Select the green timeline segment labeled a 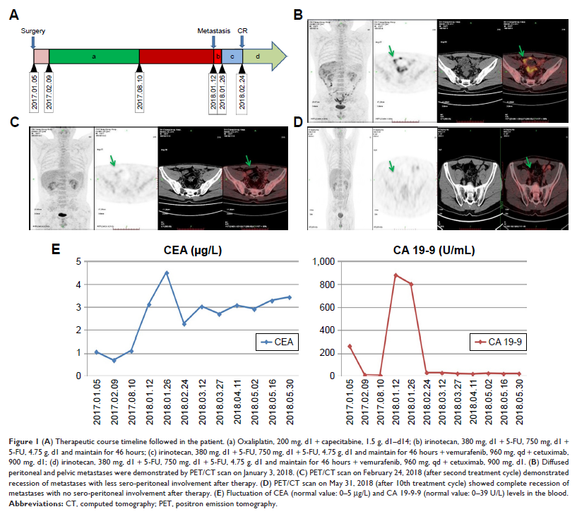(x=95, y=56)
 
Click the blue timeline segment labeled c (x=232, y=56)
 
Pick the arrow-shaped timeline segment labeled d (x=265, y=56)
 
